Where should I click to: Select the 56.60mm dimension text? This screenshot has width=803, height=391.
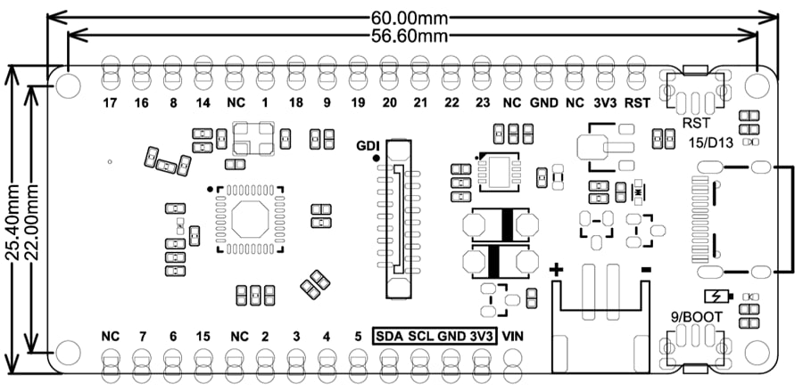[x=411, y=36]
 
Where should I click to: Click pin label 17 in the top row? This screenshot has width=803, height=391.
[x=110, y=102]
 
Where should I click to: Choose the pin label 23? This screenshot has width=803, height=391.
[x=482, y=102]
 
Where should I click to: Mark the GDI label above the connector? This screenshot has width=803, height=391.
[x=368, y=145]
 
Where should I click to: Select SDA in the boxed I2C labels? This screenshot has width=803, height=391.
[x=390, y=337]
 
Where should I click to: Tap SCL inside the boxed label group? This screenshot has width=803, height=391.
[x=420, y=337]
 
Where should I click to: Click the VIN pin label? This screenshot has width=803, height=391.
[x=513, y=337]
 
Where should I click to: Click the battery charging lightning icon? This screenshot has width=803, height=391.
[x=716, y=297]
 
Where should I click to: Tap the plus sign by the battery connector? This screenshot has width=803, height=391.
[x=557, y=271]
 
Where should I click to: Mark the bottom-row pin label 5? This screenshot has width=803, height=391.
[x=357, y=337]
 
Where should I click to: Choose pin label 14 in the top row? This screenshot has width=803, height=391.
[x=203, y=102]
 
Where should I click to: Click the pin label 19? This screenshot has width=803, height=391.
[x=358, y=102]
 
